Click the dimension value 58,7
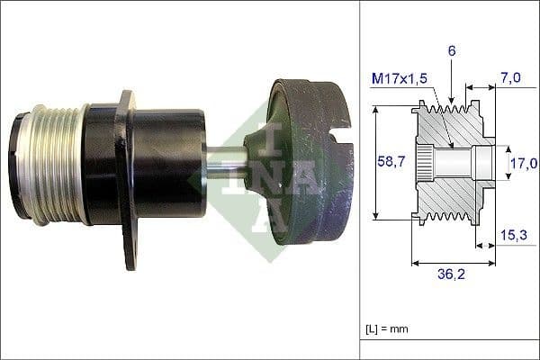[x=389, y=163]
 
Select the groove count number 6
[x=452, y=51]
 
